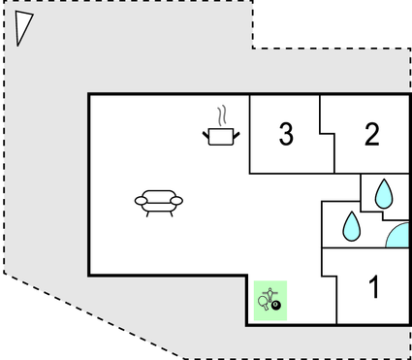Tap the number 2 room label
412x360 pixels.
point(372,135)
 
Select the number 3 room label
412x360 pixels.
point(285,135)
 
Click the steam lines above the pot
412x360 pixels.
point(224,115)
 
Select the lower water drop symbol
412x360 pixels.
point(350,227)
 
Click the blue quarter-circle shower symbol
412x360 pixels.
point(398,237)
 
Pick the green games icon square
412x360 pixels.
point(270,300)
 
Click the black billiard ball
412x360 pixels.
point(276,307)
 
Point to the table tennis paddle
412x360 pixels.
point(263,304)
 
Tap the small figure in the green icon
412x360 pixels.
point(271,291)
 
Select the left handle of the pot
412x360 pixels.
point(206,133)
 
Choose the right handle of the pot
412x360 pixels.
point(238,133)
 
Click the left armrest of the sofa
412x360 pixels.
point(140,201)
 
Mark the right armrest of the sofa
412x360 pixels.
point(177,201)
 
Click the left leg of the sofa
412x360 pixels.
point(146,213)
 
